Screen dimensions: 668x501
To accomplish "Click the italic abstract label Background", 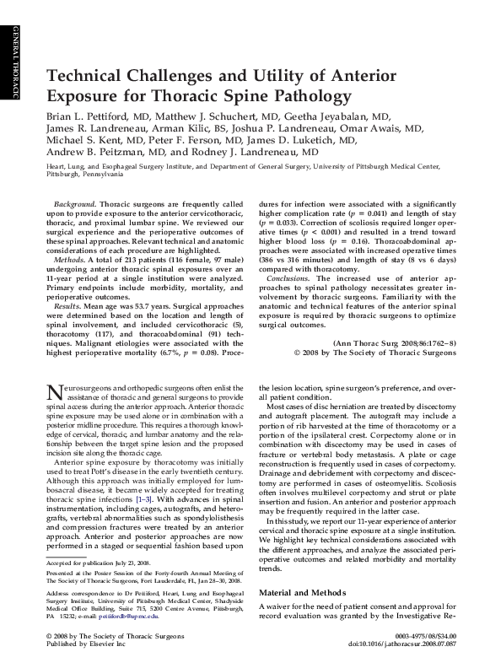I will pyautogui.click(x=74, y=205).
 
